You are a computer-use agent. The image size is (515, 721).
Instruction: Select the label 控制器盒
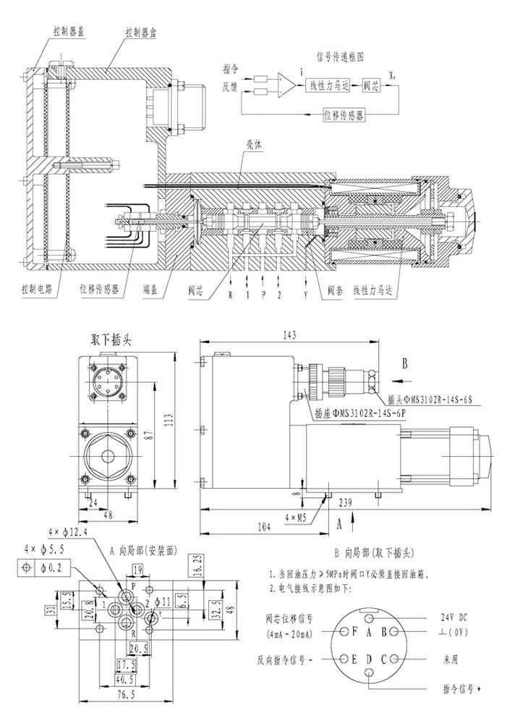coord(140,33)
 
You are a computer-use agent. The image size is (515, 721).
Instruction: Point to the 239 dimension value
coord(344,502)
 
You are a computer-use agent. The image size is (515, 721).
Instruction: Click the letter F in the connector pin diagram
coord(355,631)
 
